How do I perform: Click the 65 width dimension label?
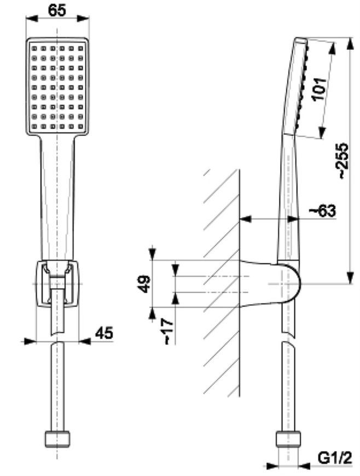[x=57, y=10]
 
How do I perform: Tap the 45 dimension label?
[x=104, y=333]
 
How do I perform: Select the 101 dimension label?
[x=319, y=89]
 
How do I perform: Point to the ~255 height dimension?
[x=344, y=160]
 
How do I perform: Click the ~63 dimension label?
[x=322, y=211]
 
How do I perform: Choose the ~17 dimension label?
[x=168, y=332]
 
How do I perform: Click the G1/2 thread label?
[x=335, y=458]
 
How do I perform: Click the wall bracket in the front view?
[x=57, y=283]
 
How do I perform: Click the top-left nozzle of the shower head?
[x=34, y=49]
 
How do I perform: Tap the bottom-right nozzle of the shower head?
[x=80, y=126]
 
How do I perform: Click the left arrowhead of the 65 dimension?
[x=32, y=19]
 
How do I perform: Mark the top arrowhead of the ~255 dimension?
[x=350, y=43]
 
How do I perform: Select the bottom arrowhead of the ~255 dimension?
[x=350, y=278]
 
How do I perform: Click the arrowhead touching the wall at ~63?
[x=246, y=218]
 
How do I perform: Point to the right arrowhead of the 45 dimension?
[x=85, y=341]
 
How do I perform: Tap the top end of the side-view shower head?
[x=301, y=38]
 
